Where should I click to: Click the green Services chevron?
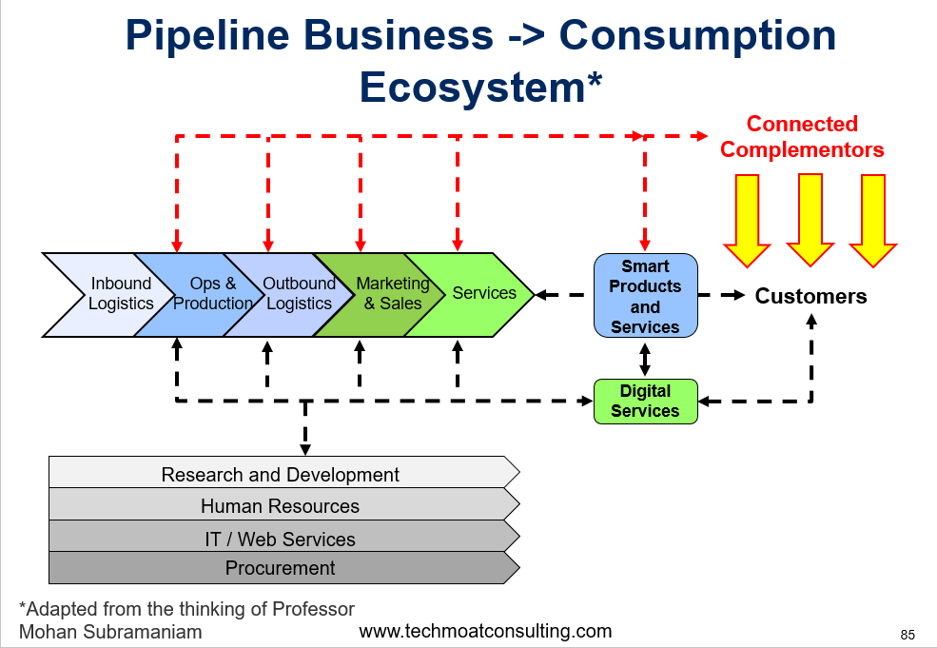(479, 294)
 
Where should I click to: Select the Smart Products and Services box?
(645, 296)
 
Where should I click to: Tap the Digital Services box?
(645, 401)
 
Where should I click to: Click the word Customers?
(810, 296)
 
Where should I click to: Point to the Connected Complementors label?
(802, 137)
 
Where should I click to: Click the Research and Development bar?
(281, 474)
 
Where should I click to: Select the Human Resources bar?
(281, 505)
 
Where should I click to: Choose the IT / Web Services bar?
(281, 539)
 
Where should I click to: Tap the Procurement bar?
(281, 568)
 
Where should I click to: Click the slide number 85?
(907, 635)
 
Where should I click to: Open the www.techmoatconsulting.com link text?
(485, 631)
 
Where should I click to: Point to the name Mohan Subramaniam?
(110, 632)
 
